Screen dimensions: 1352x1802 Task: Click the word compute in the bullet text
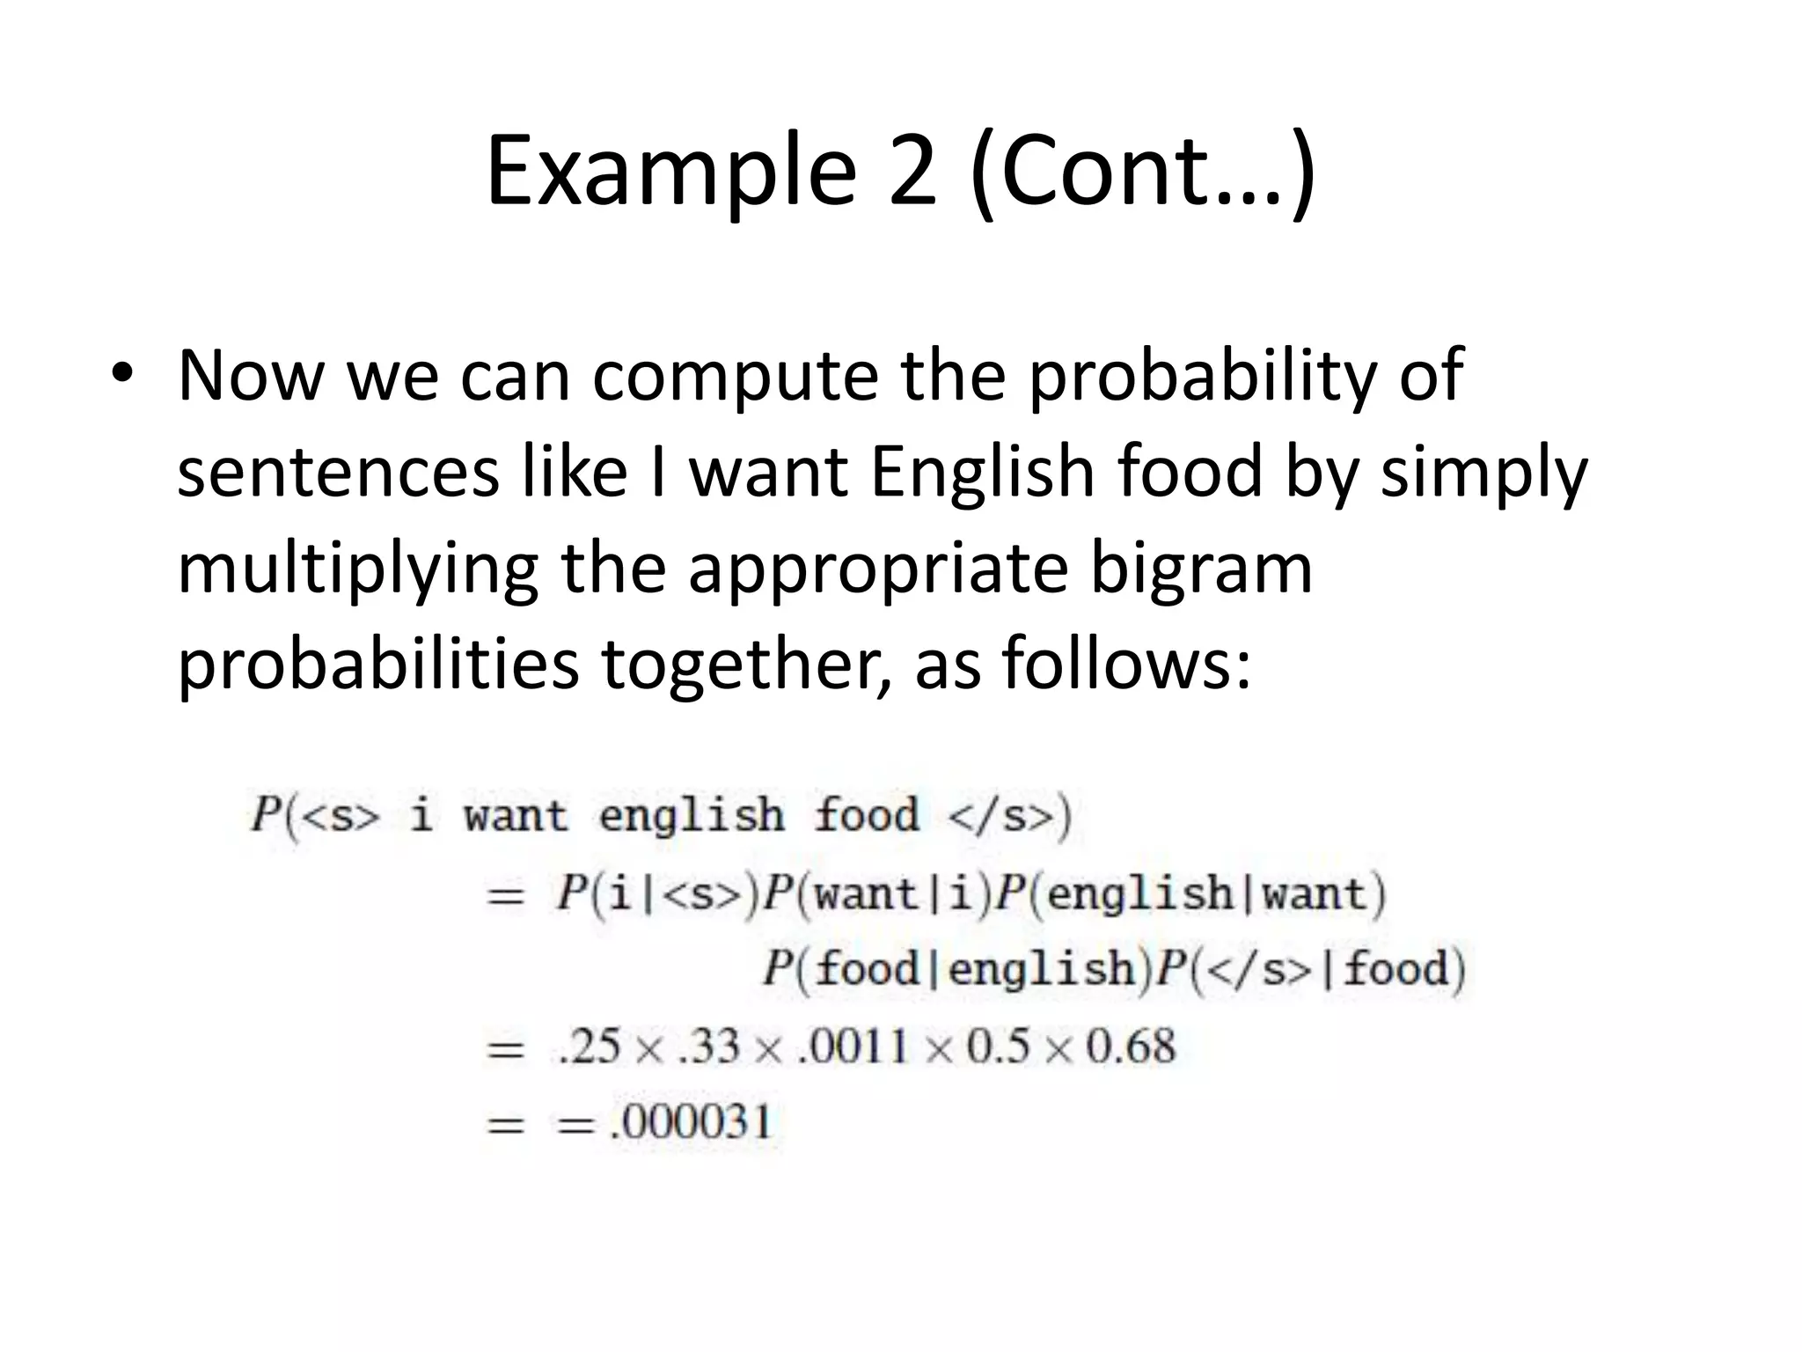coord(735,377)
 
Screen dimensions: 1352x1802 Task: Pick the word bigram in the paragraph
coord(1201,568)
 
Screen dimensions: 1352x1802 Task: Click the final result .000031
coord(690,1122)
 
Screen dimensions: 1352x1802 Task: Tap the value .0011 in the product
coord(852,1047)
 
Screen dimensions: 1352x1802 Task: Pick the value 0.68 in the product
coord(1131,1047)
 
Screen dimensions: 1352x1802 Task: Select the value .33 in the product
coord(708,1047)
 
